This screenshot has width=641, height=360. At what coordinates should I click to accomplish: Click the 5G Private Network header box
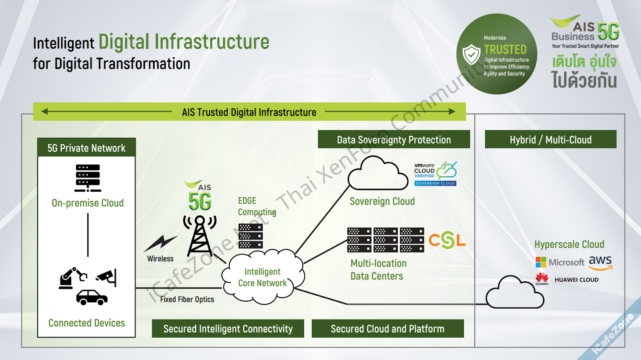coord(87,148)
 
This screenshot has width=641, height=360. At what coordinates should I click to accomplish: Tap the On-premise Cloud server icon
coord(88,178)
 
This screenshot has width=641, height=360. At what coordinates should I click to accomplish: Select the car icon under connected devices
coord(92,297)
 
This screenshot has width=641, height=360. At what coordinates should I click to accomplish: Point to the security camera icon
coord(107,277)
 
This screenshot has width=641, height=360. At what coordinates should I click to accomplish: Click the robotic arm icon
coord(73,277)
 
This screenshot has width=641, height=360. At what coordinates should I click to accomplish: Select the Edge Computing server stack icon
coord(250,236)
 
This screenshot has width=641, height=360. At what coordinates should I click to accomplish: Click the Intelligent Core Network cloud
coord(262,277)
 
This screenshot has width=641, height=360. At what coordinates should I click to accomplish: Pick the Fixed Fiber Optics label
coord(187,299)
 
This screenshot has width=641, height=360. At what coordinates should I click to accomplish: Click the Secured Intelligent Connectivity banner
coord(228,329)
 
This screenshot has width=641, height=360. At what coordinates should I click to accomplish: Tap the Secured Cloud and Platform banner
coord(387,329)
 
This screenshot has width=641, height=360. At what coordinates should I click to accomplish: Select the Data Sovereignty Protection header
coord(394,140)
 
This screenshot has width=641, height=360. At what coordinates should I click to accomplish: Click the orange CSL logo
coord(447,241)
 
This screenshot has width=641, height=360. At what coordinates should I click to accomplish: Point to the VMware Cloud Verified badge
coord(435,174)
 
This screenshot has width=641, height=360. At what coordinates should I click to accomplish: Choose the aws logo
coord(601,263)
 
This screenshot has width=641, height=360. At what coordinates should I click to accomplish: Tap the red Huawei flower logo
coord(542,278)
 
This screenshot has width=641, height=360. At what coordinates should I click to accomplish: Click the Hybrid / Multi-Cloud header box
coord(550,140)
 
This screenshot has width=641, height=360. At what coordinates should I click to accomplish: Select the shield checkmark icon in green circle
coord(472,55)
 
